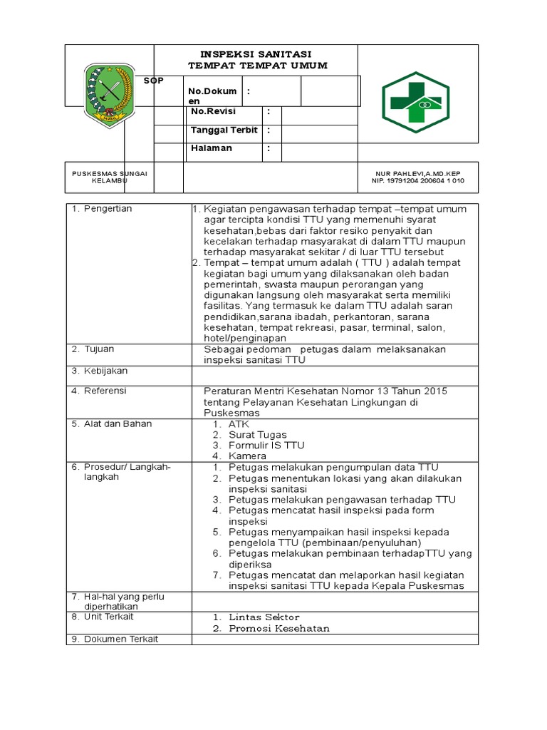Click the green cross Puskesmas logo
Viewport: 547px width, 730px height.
click(415, 101)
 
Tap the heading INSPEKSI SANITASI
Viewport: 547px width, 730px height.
click(255, 54)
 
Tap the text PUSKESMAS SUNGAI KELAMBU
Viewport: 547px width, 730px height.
click(109, 177)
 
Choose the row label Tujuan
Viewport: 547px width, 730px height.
click(99, 349)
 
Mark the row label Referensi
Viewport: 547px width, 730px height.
click(105, 391)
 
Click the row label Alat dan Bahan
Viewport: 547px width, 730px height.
click(114, 423)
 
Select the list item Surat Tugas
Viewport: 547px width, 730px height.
click(257, 434)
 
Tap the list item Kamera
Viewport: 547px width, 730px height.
click(247, 456)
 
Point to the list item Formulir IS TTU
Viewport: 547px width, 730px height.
click(266, 445)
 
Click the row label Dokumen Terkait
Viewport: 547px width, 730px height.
click(120, 639)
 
